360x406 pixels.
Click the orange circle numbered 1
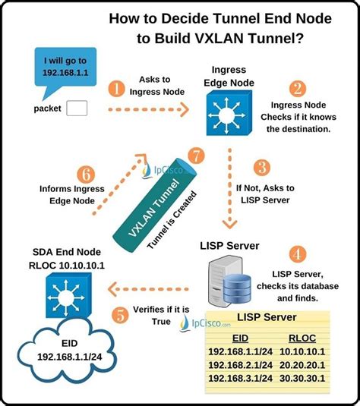[x=116, y=89]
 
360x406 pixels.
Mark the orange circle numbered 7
[x=197, y=156]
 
